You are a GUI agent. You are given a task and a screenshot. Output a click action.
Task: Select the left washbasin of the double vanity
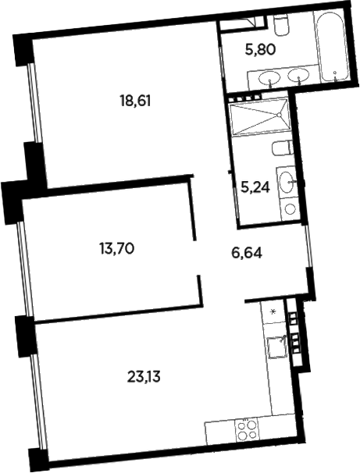pyautogui.click(x=269, y=76)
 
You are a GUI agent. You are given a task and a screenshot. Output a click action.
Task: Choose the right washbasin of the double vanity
pyautogui.click(x=297, y=76)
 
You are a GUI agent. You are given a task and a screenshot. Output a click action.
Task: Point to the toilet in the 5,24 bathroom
pyautogui.click(x=281, y=148)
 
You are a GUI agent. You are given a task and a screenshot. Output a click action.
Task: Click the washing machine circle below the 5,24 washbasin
pyautogui.click(x=290, y=208)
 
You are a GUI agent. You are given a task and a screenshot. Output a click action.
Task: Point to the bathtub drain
pyautogui.click(x=335, y=76)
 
